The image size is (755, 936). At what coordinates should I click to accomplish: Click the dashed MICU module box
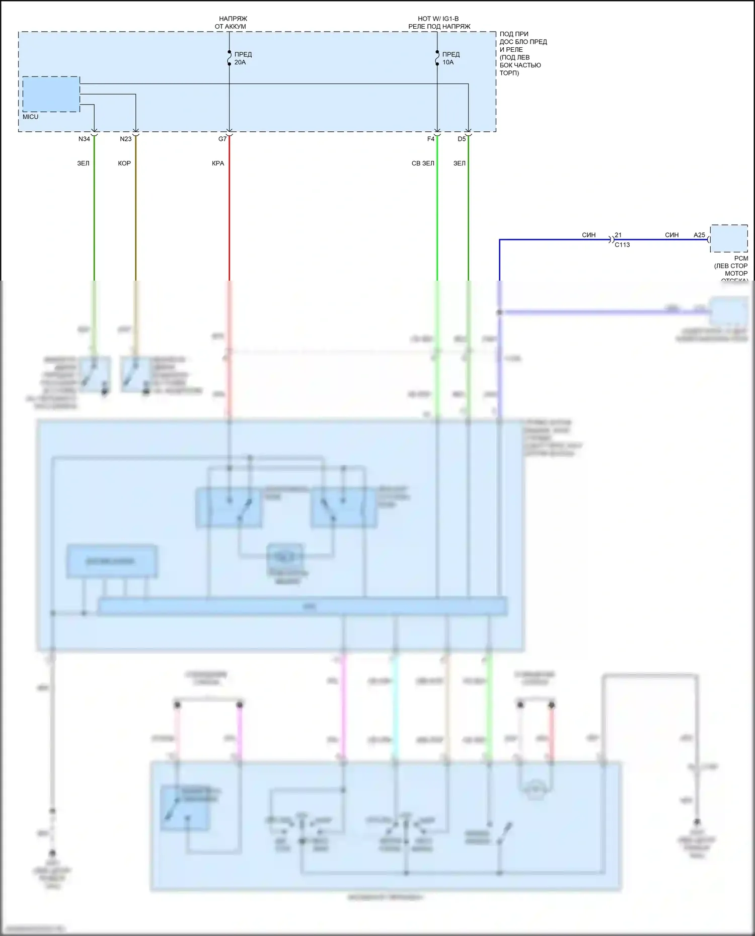tap(51, 94)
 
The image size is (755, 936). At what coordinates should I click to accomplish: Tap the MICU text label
tap(30, 117)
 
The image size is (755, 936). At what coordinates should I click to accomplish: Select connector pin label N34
tap(84, 139)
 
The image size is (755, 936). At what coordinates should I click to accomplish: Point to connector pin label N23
tap(125, 139)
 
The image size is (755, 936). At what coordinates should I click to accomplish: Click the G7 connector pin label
tap(222, 139)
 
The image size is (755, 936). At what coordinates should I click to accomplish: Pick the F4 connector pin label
tap(430, 139)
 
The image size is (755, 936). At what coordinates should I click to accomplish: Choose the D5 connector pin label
tap(462, 139)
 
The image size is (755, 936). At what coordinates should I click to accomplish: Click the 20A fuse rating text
tap(240, 62)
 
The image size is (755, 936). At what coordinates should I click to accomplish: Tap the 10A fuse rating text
tap(448, 62)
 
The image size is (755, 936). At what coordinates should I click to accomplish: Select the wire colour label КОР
tap(124, 163)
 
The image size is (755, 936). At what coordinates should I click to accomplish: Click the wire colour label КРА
tap(218, 163)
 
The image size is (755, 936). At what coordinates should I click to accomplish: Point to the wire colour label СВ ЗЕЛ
tap(423, 163)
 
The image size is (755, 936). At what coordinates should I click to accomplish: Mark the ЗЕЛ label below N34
tap(83, 163)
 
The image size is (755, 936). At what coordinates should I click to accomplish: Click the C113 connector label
tap(622, 245)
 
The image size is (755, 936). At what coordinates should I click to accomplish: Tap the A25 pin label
tap(699, 235)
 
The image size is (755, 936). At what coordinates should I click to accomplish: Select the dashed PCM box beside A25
tap(729, 238)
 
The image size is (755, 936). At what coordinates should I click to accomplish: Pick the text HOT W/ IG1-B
tap(438, 19)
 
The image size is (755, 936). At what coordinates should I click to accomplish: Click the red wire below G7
tap(230, 211)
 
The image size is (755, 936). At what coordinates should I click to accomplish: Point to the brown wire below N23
tap(135, 211)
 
